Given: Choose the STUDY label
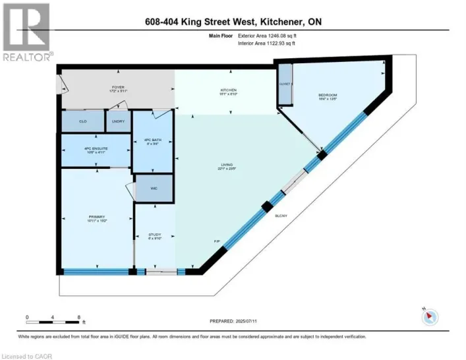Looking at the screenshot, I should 154,235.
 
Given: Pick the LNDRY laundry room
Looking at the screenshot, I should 119,121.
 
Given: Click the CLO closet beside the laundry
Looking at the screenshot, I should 83,121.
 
